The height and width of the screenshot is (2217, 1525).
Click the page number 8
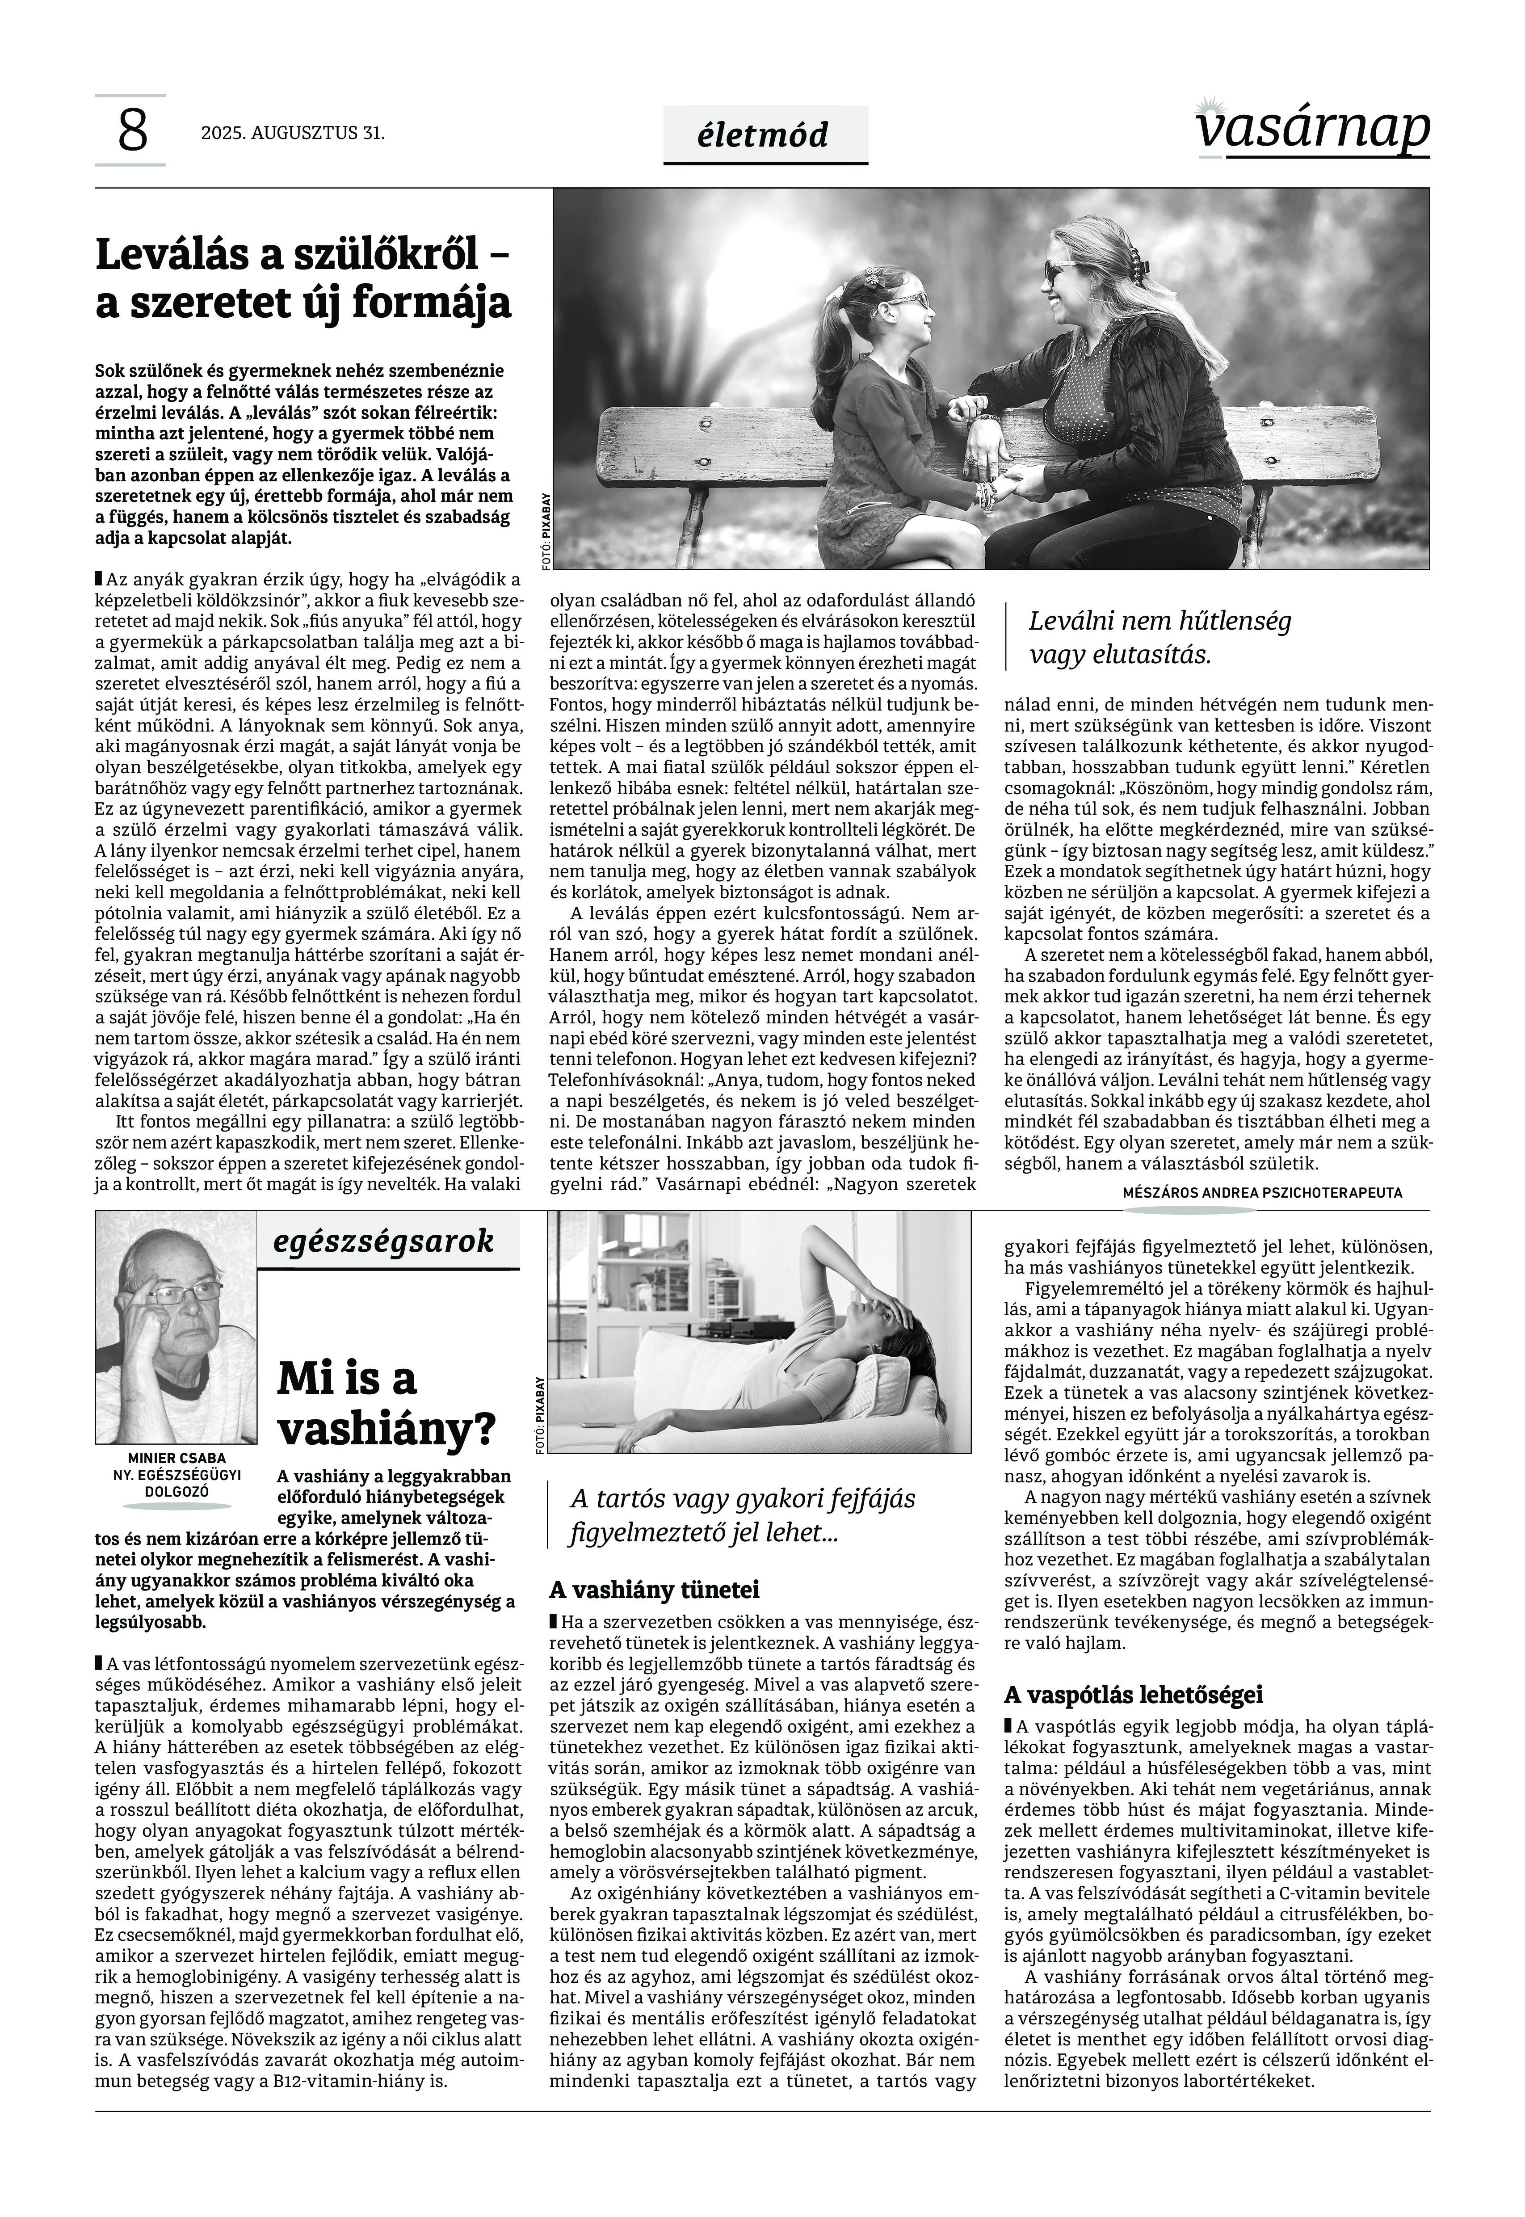(x=132, y=131)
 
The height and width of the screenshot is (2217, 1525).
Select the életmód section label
(x=765, y=135)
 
